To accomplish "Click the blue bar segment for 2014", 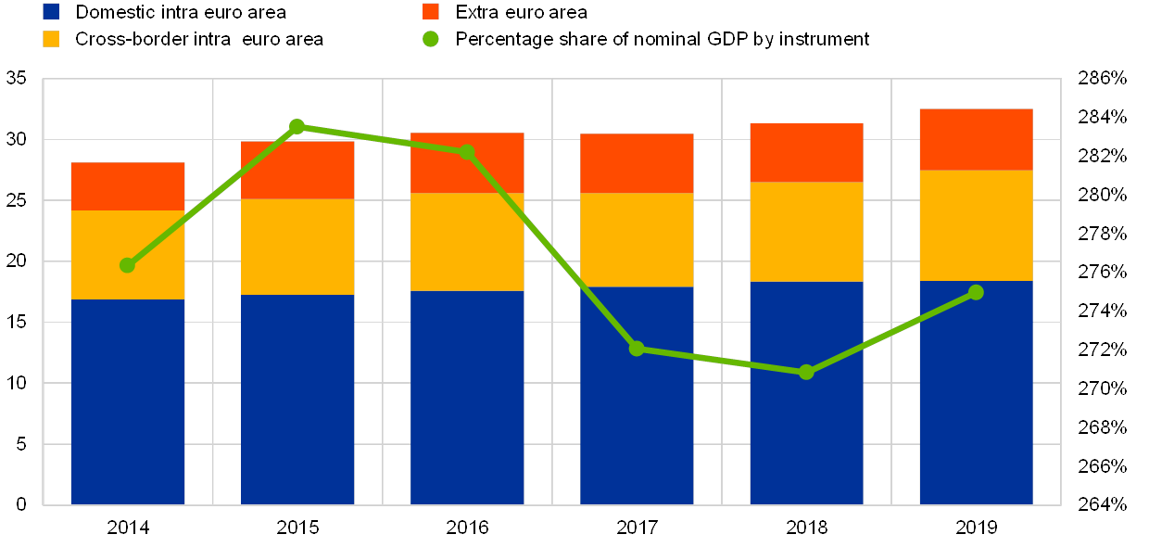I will (128, 401).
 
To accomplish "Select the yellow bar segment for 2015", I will (297, 247).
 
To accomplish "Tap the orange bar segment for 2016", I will (467, 163).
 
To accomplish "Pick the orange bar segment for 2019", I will (976, 139).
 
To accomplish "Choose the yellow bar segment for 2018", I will (806, 232).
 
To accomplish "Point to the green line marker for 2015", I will (297, 126).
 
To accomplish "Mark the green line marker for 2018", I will (806, 372).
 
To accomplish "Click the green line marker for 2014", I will (128, 265).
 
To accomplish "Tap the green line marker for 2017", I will (637, 349).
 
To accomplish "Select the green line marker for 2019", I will (976, 292).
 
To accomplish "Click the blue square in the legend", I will (51, 11).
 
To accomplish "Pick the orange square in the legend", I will (431, 11).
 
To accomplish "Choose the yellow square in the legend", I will (51, 39).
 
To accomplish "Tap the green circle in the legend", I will (431, 39).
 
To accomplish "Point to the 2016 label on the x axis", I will (467, 527).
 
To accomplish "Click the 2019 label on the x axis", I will (976, 527).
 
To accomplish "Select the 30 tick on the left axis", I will (16, 139).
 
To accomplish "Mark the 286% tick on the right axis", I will (1103, 79).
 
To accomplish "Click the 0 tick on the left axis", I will (20, 504).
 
